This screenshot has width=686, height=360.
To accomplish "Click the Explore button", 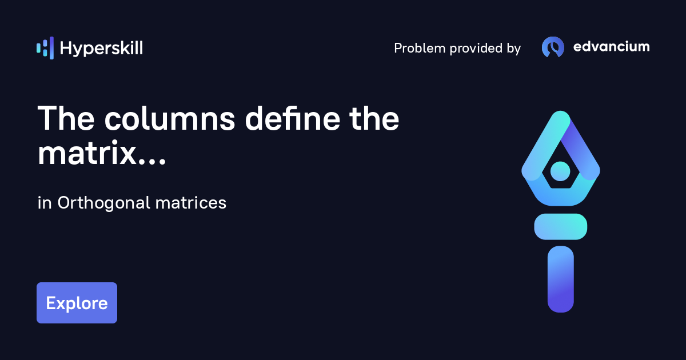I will click(77, 303).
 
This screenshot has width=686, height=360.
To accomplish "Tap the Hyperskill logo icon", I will click(45, 48).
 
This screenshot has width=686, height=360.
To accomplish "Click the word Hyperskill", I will click(101, 49).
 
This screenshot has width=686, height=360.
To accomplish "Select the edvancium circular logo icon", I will click(553, 47).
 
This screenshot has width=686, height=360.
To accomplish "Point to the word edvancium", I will click(611, 47).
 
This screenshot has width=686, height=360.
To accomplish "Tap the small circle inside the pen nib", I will click(560, 170).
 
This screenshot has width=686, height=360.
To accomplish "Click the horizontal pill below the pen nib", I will click(560, 226).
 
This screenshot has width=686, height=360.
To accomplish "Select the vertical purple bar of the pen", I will click(560, 279).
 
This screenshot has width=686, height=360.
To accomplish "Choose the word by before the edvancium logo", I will click(513, 49).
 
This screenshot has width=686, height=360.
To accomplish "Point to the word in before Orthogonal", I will click(44, 203).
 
